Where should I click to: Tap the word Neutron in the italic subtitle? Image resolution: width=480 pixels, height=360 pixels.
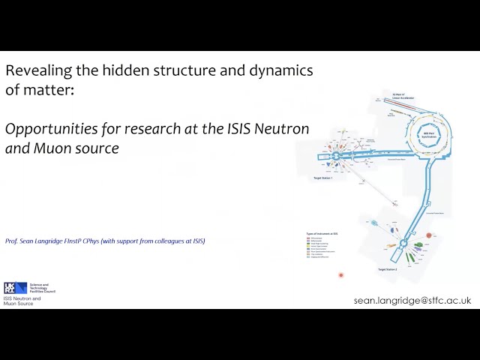[282, 129]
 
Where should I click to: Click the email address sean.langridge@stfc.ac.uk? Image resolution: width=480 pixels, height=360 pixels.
[412, 300]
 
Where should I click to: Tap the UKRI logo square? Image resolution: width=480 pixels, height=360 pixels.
[10, 288]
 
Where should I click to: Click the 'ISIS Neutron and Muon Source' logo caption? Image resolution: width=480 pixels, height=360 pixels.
[22, 301]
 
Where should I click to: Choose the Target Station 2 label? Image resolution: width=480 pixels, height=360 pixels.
[388, 268]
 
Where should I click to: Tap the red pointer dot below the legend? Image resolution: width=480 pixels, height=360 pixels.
[340, 275]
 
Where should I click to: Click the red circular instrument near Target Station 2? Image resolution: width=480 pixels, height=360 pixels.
[429, 235]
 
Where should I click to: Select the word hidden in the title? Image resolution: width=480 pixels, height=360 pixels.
[113, 71]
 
